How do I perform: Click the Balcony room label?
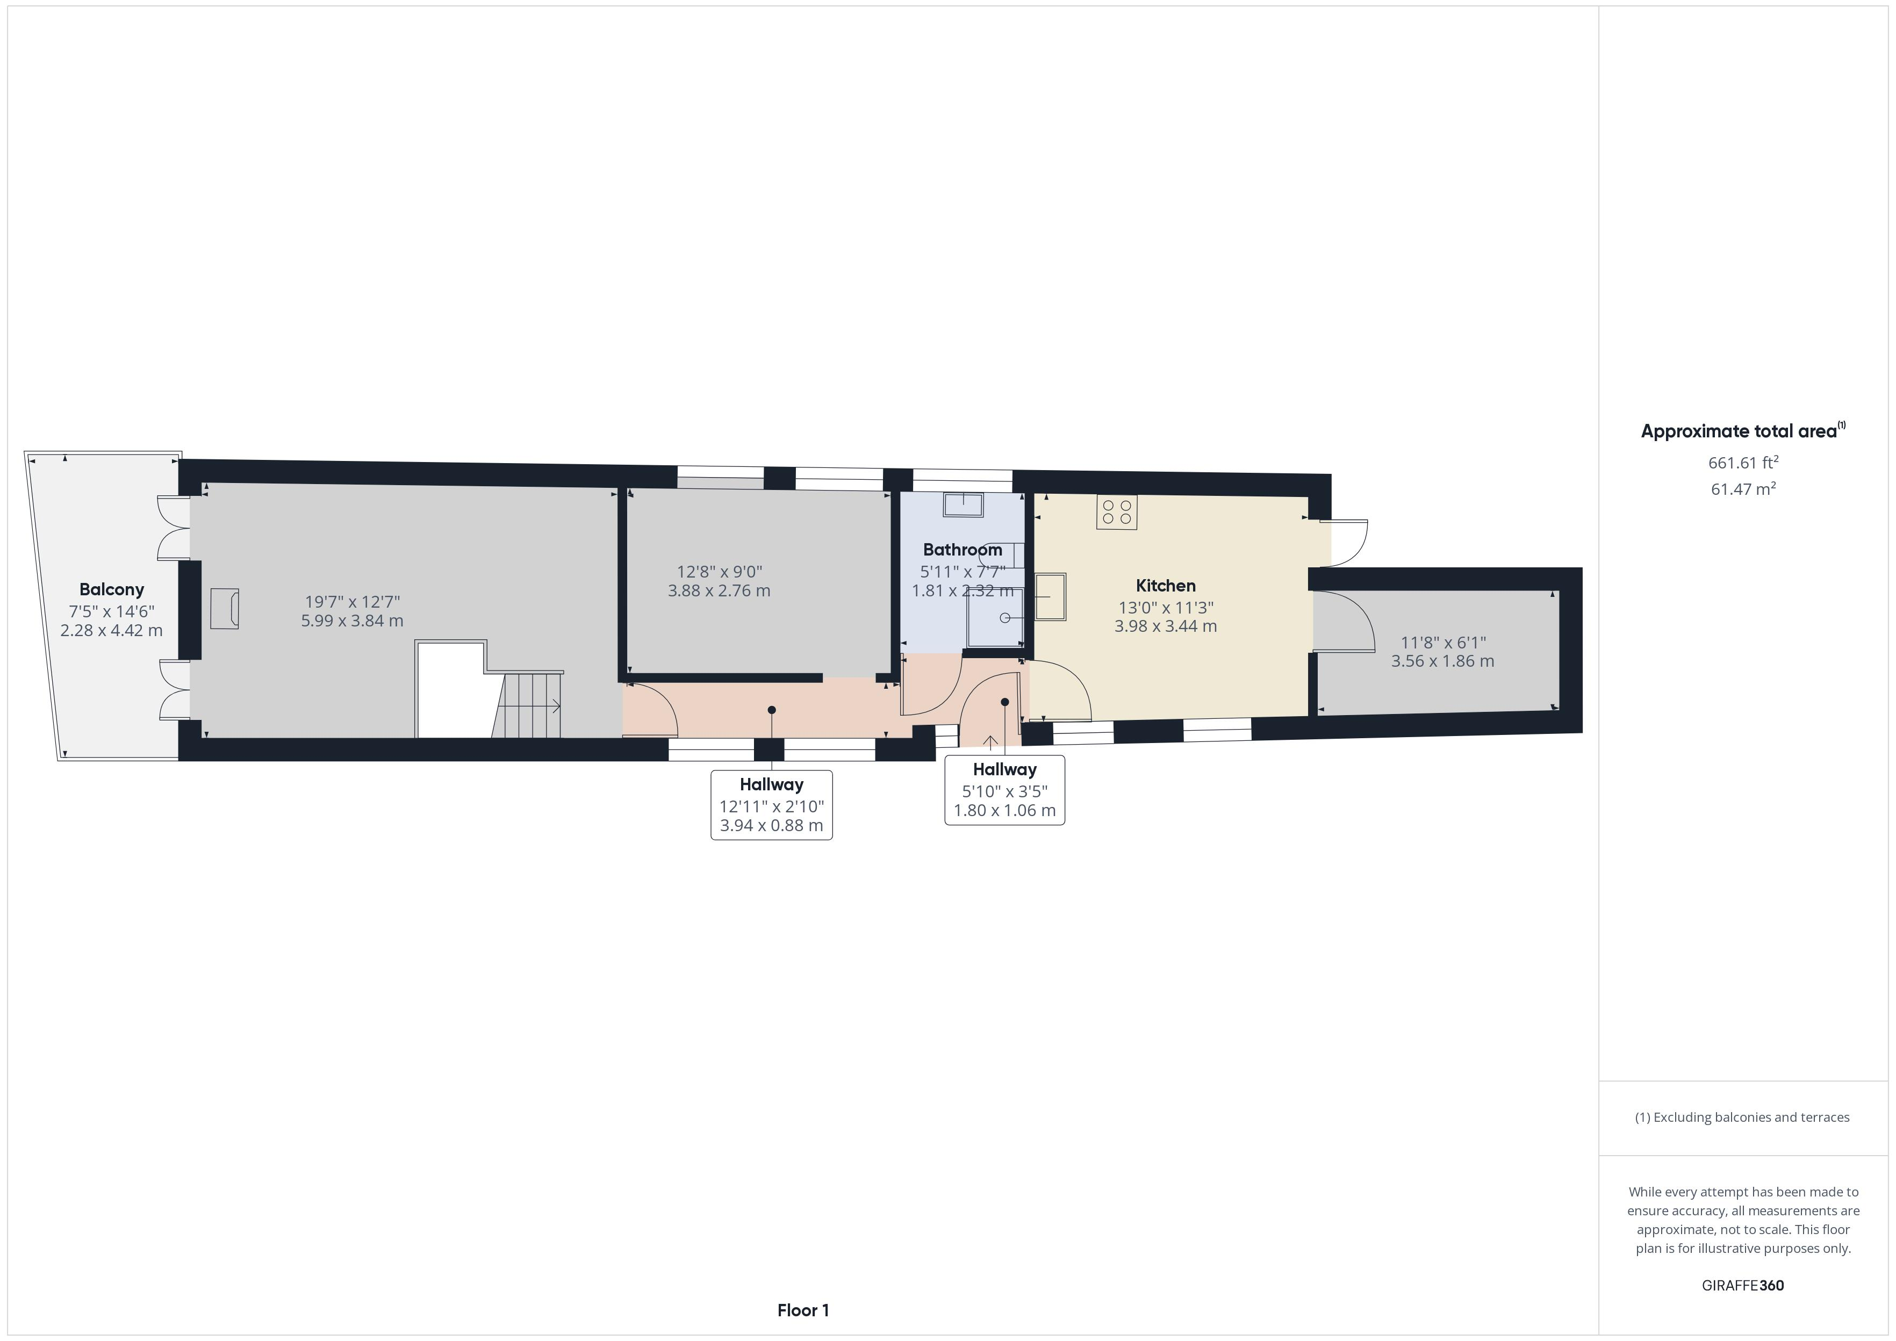click(111, 589)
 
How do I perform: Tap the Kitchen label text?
click(1165, 586)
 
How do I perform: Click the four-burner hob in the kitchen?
click(1116, 512)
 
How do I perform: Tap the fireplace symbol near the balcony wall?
click(224, 609)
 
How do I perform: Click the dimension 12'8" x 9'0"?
click(719, 572)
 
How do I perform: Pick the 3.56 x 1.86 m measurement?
click(1442, 661)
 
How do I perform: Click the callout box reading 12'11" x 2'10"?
click(771, 805)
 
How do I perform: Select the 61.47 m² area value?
click(1742, 489)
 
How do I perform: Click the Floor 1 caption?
click(803, 1310)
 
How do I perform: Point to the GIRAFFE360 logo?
click(1742, 1286)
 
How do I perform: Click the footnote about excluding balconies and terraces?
click(1742, 1117)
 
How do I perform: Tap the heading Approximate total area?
click(1742, 430)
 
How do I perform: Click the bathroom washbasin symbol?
click(963, 504)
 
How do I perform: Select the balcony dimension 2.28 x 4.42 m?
click(111, 631)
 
